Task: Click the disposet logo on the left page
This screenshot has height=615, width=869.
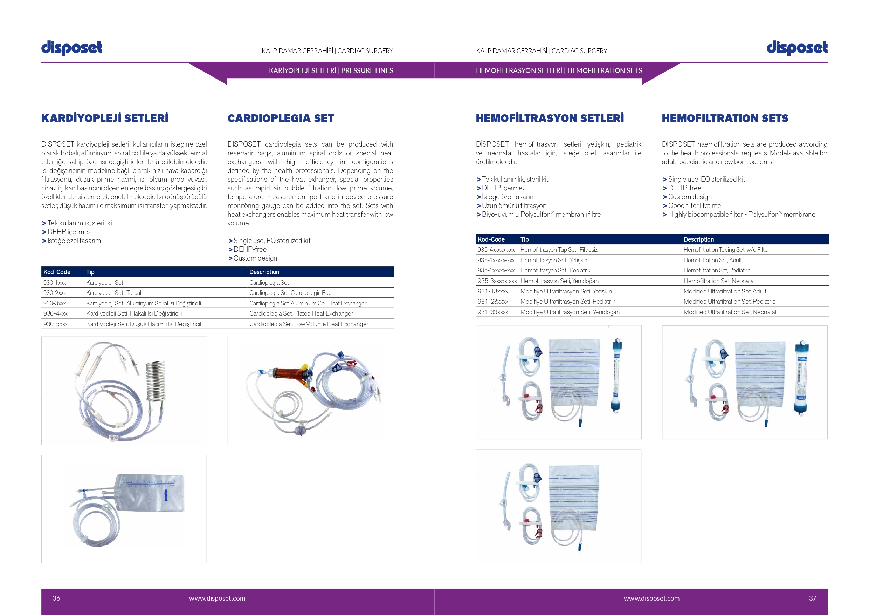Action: (x=71, y=48)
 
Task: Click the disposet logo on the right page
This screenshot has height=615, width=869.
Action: (x=797, y=48)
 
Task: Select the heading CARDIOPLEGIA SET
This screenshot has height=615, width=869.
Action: (x=281, y=118)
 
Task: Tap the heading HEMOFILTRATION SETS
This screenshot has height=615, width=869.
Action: (x=725, y=118)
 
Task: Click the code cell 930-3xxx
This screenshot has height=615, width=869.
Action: (x=55, y=303)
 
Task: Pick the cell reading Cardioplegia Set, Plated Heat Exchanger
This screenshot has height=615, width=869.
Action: (x=301, y=313)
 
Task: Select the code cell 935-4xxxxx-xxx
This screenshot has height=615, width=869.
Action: (x=496, y=250)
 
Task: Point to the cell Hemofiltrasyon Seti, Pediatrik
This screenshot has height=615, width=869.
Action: (x=555, y=271)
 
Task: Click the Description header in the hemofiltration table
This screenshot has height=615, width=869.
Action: (x=698, y=239)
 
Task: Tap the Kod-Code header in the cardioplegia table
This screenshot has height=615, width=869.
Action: (x=57, y=272)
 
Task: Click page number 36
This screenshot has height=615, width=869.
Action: (x=56, y=598)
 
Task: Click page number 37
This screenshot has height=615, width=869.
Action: (x=812, y=598)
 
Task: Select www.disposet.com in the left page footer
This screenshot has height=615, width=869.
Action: (x=217, y=598)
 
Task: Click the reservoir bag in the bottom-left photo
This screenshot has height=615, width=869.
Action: (x=151, y=493)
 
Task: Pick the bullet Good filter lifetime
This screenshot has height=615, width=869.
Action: (x=694, y=206)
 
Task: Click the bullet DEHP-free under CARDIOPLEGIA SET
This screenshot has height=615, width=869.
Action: (x=250, y=249)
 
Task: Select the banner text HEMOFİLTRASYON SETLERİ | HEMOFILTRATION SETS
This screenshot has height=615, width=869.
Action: (x=559, y=70)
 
